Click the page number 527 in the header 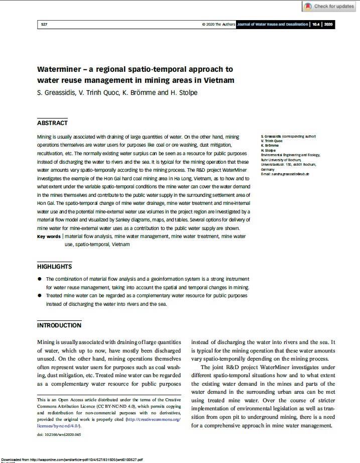coord(44,24)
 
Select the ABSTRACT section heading coord(52,123)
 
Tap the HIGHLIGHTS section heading coord(54,267)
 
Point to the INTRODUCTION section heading coord(59,325)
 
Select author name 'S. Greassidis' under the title coord(58,92)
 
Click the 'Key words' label coord(49,236)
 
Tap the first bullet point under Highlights coord(40,279)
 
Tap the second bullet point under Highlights coord(40,296)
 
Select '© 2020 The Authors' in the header coord(218,24)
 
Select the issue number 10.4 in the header coord(315,24)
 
